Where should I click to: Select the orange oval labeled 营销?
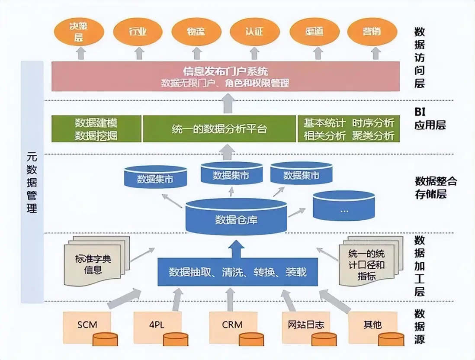click(x=372, y=32)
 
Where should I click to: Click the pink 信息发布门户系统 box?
click(x=225, y=76)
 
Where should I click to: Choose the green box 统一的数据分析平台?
click(x=219, y=129)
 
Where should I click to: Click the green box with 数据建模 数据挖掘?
click(x=96, y=129)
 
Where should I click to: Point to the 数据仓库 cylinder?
click(x=236, y=219)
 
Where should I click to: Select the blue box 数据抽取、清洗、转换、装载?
click(x=237, y=272)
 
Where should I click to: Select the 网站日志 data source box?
click(x=306, y=325)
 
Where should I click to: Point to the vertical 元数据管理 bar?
click(x=32, y=182)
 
